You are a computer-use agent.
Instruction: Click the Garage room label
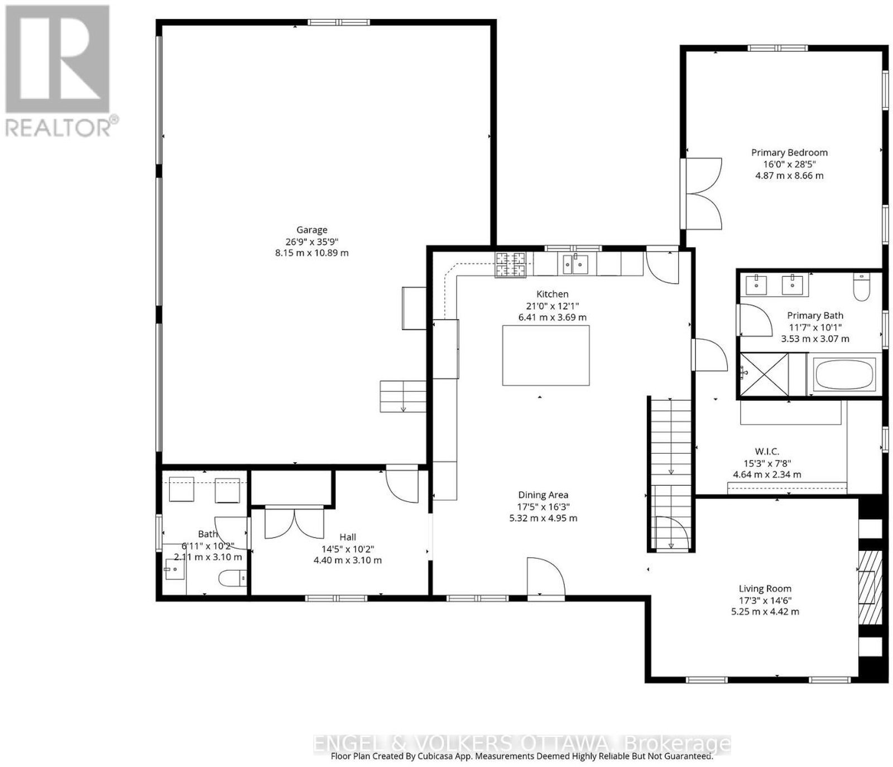tap(311, 229)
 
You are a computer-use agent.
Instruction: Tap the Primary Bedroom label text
tap(789, 152)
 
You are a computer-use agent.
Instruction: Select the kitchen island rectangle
tap(546, 356)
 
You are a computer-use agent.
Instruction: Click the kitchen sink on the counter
tap(575, 263)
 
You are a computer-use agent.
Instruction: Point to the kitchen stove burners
tap(511, 265)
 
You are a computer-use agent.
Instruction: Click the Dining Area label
tap(543, 495)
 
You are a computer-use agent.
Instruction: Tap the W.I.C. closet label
tap(767, 451)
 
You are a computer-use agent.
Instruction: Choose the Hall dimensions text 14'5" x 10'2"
tap(348, 549)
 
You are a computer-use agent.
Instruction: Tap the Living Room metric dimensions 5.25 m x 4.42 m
tap(765, 611)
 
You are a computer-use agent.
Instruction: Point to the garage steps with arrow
tap(402, 396)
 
